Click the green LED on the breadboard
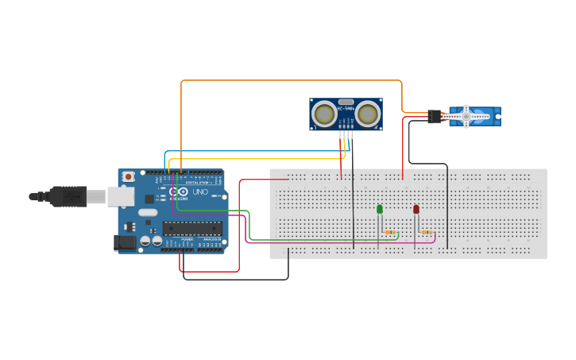pos(380,209)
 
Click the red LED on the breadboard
pos(416,209)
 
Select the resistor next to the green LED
pos(389,233)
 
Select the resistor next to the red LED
pos(427,233)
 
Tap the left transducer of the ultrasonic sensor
pos(324,114)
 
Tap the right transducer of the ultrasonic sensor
pos(367,114)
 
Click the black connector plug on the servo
pos(434,116)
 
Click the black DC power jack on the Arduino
pos(125,242)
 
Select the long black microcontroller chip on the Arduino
pos(191,229)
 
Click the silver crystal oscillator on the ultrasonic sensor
pos(346,103)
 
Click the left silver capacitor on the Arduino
pos(145,240)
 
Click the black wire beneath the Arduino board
pos(238,279)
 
